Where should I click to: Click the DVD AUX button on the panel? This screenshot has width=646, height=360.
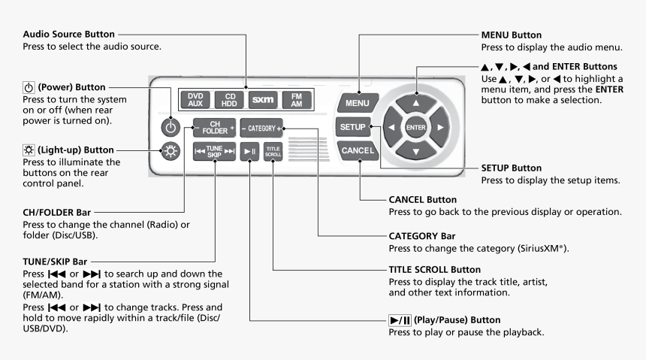tap(195, 100)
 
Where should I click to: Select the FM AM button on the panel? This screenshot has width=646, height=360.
tap(296, 100)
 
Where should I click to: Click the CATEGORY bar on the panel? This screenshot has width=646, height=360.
tap(261, 127)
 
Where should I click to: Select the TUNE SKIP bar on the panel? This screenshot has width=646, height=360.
tap(216, 147)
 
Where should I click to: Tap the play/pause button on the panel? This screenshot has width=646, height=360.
tap(251, 148)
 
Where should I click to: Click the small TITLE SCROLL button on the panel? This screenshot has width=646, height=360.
tap(273, 148)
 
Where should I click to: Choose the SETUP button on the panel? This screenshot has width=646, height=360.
tap(353, 126)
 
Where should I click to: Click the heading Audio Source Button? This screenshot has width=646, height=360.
tap(69, 35)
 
